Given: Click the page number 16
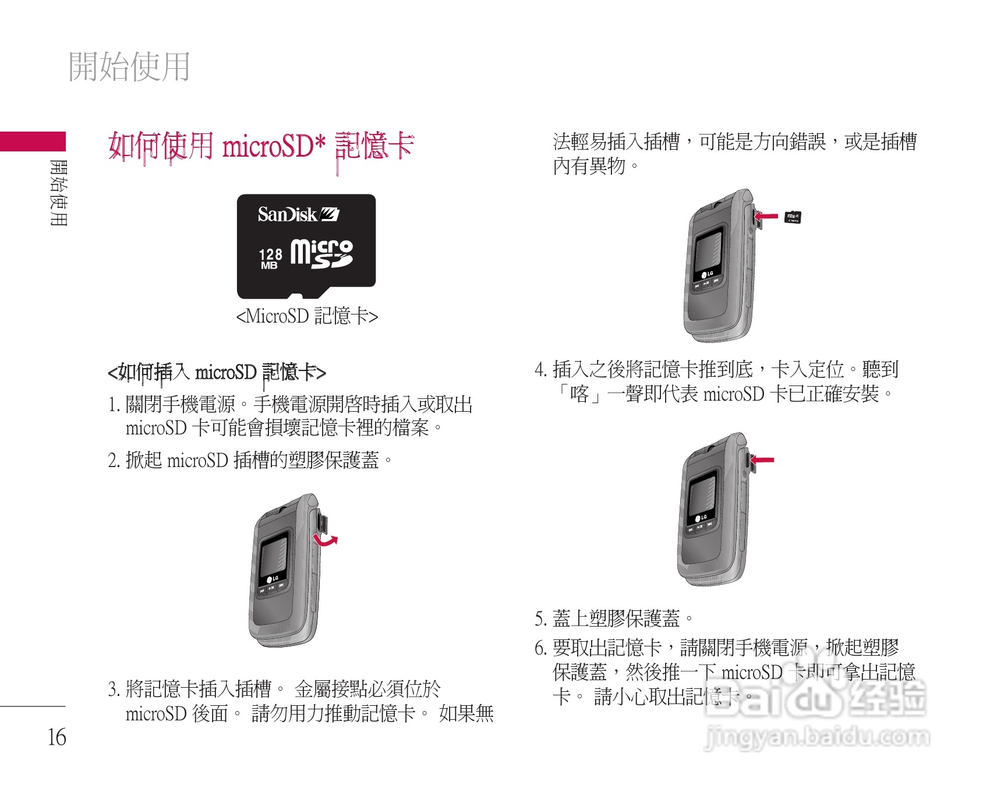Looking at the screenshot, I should [56, 737].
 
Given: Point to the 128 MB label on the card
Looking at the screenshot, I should [270, 259].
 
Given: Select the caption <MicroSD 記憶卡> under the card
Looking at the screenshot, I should [307, 316].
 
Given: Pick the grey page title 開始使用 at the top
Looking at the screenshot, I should [129, 66].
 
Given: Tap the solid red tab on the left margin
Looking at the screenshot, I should [33, 142].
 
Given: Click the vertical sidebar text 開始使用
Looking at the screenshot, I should [59, 193].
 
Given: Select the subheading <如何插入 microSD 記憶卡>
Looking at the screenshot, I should [217, 372].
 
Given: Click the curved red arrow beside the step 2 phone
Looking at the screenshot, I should [326, 540].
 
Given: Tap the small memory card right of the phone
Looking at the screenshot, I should [793, 217].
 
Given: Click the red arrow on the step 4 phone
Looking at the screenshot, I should [762, 460].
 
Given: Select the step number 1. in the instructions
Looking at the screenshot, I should [114, 404].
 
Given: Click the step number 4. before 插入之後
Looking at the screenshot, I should [540, 370].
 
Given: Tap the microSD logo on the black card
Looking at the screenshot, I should [321, 254].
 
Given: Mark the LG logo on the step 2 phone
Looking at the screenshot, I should [273, 579].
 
